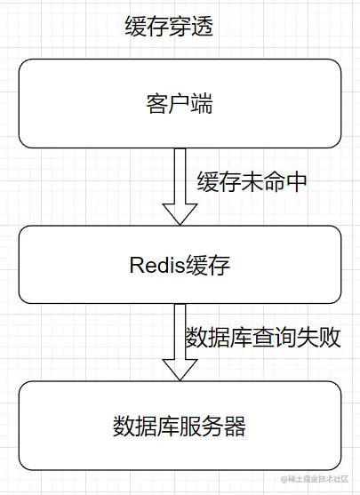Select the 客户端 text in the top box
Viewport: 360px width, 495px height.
click(x=179, y=102)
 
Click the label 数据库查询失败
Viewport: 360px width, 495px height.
click(x=263, y=339)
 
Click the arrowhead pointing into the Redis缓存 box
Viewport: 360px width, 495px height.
click(x=180, y=212)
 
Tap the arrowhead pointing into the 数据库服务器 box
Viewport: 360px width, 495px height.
click(x=180, y=366)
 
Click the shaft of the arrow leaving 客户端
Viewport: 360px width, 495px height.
click(x=180, y=174)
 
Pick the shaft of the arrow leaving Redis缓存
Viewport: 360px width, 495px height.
click(x=180, y=329)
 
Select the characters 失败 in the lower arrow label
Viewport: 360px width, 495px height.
click(x=323, y=339)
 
